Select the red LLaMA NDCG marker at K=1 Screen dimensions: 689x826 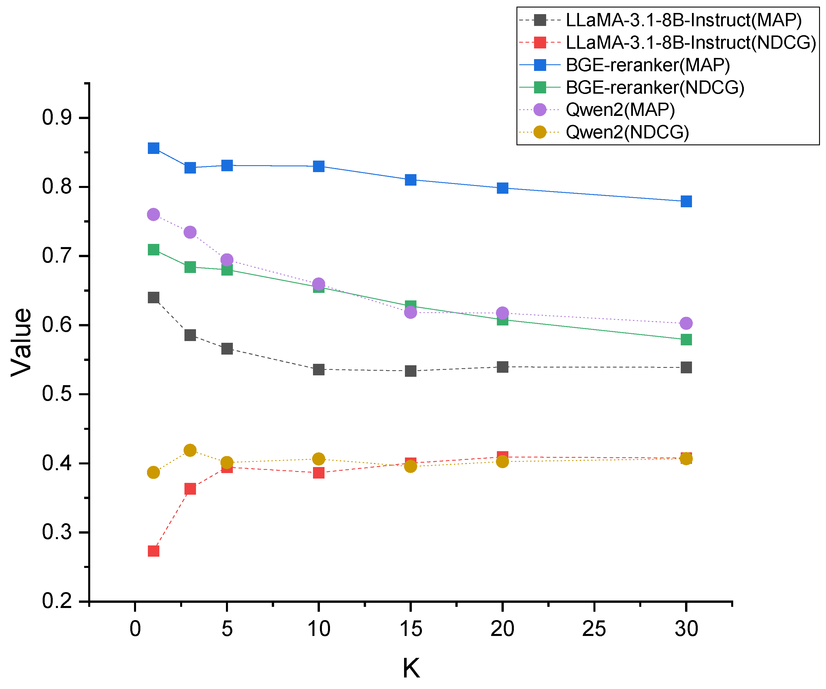point(153,551)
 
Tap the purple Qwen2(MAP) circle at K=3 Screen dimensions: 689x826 point(190,232)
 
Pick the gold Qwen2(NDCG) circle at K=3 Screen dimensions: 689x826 point(190,450)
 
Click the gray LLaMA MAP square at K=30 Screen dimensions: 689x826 point(686,368)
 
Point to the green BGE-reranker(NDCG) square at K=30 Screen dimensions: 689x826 point(686,340)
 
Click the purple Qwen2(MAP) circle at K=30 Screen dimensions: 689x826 point(686,323)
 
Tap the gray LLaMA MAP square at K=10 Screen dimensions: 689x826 point(318,370)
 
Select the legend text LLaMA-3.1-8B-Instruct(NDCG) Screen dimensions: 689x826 point(691,42)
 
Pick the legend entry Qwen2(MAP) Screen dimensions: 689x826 point(620,110)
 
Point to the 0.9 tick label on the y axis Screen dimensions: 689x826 point(57,118)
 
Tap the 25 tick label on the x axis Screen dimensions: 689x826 point(594,629)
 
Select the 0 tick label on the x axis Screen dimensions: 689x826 point(135,629)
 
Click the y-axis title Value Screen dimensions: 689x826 point(22,342)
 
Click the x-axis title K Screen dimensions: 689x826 point(411,668)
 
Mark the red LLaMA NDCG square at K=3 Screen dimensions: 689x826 point(190,489)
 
